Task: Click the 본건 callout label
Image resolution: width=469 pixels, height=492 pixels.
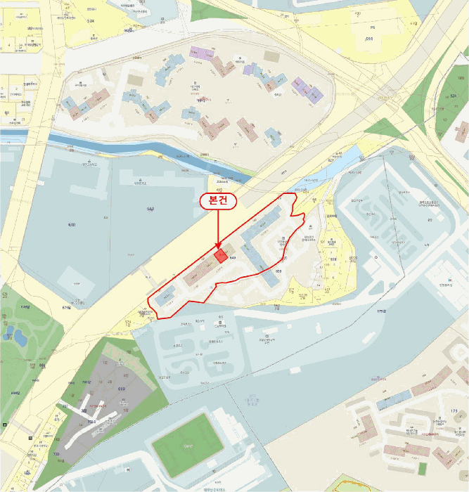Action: pos(219,200)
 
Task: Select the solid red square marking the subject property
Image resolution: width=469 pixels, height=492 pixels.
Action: pos(220,255)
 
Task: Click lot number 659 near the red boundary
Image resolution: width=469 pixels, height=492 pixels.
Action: pos(278,271)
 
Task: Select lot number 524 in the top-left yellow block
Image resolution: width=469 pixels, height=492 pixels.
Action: pos(90,21)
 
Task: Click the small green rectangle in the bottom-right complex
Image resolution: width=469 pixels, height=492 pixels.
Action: pos(422,467)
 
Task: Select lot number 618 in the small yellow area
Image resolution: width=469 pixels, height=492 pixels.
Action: pos(333,259)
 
